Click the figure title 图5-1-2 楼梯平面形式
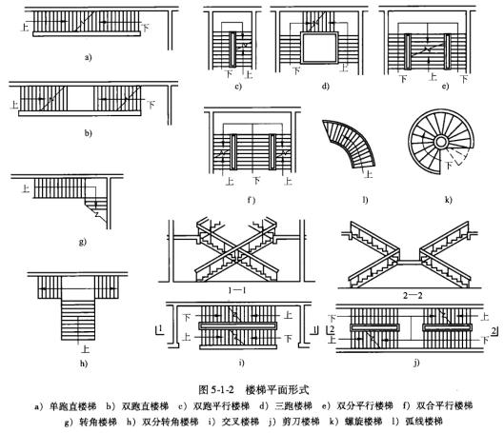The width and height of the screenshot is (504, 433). [x=254, y=389]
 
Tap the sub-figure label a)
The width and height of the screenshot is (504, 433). [x=88, y=58]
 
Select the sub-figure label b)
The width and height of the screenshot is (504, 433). [x=88, y=133]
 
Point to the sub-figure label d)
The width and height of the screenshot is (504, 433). [x=326, y=86]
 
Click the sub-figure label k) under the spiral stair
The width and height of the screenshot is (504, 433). [x=448, y=200]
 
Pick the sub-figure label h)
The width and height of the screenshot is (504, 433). [x=84, y=364]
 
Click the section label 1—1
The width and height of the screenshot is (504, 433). [x=237, y=290]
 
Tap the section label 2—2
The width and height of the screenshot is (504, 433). [x=413, y=296]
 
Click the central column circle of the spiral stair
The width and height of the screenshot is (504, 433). [x=441, y=141]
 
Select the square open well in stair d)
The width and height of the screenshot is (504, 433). [x=319, y=48]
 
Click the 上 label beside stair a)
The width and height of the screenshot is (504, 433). [x=25, y=27]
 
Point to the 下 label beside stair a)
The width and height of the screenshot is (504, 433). [x=146, y=28]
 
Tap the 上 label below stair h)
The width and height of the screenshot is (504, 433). [x=85, y=349]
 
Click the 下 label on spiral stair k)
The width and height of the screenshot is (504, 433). [x=449, y=166]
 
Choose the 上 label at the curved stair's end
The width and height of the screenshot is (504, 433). [x=369, y=174]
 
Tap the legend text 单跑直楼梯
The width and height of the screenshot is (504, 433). [x=73, y=406]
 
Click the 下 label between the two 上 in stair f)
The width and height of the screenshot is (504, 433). [x=256, y=181]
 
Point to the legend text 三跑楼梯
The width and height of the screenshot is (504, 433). [x=293, y=406]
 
